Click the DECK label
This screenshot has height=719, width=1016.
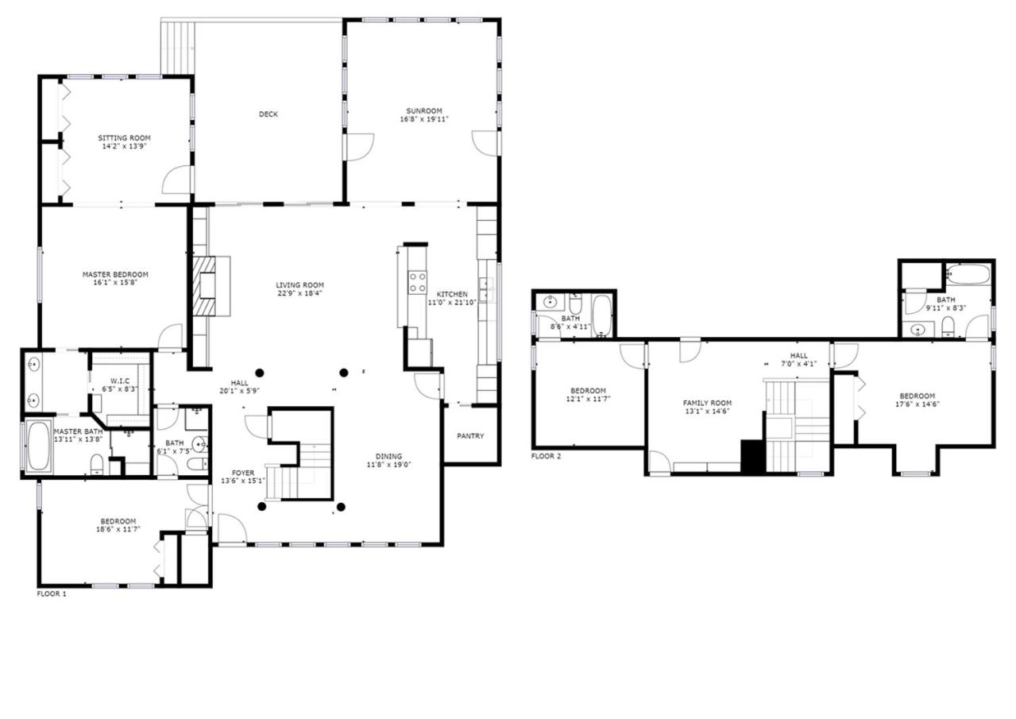pyautogui.click(x=268, y=114)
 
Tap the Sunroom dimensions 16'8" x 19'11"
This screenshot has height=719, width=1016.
pyautogui.click(x=424, y=119)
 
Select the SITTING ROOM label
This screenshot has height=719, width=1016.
pyautogui.click(x=124, y=138)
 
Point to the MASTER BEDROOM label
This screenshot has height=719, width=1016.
pyautogui.click(x=115, y=274)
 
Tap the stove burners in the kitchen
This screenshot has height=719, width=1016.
pyautogui.click(x=417, y=282)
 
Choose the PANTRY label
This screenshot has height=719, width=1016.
pyautogui.click(x=470, y=436)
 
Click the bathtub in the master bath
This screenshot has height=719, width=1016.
pyautogui.click(x=39, y=446)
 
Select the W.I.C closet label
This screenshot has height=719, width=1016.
pyautogui.click(x=120, y=381)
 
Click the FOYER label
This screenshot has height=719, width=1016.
pyautogui.click(x=243, y=473)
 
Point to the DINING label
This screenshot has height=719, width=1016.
pyautogui.click(x=388, y=456)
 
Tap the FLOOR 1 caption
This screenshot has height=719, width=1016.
pyautogui.click(x=52, y=593)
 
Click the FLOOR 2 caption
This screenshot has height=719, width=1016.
pyautogui.click(x=546, y=456)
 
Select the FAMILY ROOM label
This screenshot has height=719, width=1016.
pyautogui.click(x=707, y=403)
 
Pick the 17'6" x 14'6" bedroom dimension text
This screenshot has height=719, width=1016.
pyautogui.click(x=917, y=404)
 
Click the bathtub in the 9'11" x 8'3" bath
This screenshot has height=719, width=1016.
pyautogui.click(x=968, y=275)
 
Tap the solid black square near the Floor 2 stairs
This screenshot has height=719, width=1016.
pyautogui.click(x=753, y=455)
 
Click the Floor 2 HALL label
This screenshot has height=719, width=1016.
pyautogui.click(x=798, y=356)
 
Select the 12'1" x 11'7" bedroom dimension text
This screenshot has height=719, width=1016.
pyautogui.click(x=588, y=399)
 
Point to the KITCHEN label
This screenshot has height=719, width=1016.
pyautogui.click(x=452, y=295)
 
